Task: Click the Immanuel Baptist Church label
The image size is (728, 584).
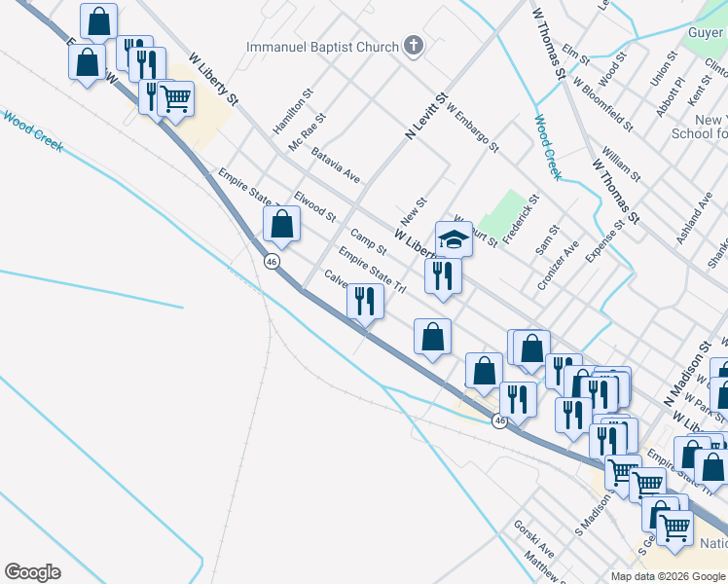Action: click(x=322, y=47)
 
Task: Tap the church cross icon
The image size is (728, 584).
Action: click(x=414, y=46)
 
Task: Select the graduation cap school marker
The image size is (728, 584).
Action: click(x=454, y=238)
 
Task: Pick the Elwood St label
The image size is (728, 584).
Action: click(x=314, y=205)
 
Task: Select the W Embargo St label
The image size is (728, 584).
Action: click(x=473, y=129)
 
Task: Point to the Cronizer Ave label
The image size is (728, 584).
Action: click(x=559, y=265)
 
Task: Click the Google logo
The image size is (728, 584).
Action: click(x=32, y=572)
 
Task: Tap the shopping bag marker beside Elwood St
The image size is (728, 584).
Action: click(x=281, y=224)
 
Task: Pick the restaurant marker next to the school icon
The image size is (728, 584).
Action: click(x=443, y=275)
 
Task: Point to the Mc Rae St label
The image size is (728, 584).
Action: click(x=308, y=131)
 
